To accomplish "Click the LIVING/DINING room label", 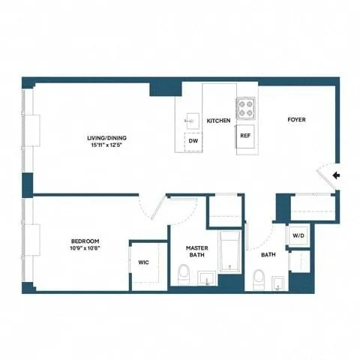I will click(103, 138).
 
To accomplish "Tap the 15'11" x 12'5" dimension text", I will click(103, 146).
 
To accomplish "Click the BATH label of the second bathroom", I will click(268, 255).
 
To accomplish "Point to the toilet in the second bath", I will click(257, 279).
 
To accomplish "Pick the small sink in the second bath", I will click(278, 281).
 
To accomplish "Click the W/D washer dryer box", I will click(298, 235).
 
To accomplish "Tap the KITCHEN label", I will click(218, 120).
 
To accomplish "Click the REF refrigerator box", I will click(245, 136).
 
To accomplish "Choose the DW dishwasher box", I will click(193, 140).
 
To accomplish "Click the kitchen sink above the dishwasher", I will click(191, 118).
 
